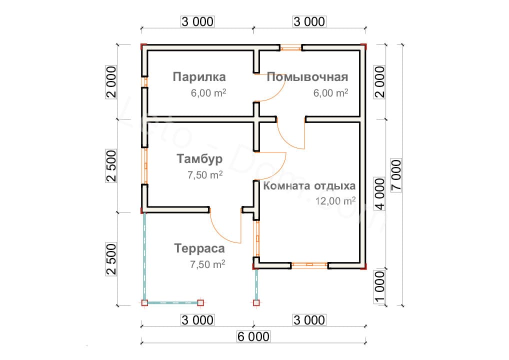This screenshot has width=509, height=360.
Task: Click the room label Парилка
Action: click(x=199, y=77)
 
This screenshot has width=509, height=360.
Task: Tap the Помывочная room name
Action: click(x=307, y=77)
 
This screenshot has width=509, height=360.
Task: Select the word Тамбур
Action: click(x=199, y=158)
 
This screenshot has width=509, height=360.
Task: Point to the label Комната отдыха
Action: click(x=309, y=186)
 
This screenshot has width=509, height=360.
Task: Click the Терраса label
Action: click(x=199, y=248)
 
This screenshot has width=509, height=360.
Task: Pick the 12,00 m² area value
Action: click(x=335, y=201)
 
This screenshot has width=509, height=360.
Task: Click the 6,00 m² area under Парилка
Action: click(x=208, y=93)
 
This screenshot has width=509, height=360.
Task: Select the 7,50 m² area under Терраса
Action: click(x=207, y=264)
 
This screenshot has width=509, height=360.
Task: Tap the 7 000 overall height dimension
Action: click(x=396, y=175)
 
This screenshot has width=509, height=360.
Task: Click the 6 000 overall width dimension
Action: click(x=253, y=336)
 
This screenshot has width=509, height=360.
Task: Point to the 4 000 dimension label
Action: click(x=379, y=194)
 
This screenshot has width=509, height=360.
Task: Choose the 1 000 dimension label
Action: click(x=379, y=287)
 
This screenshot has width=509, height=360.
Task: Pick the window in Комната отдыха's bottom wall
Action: click(x=309, y=265)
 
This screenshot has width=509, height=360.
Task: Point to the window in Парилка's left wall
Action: click(x=145, y=82)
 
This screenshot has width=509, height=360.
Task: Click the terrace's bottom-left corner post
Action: click(x=145, y=303)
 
